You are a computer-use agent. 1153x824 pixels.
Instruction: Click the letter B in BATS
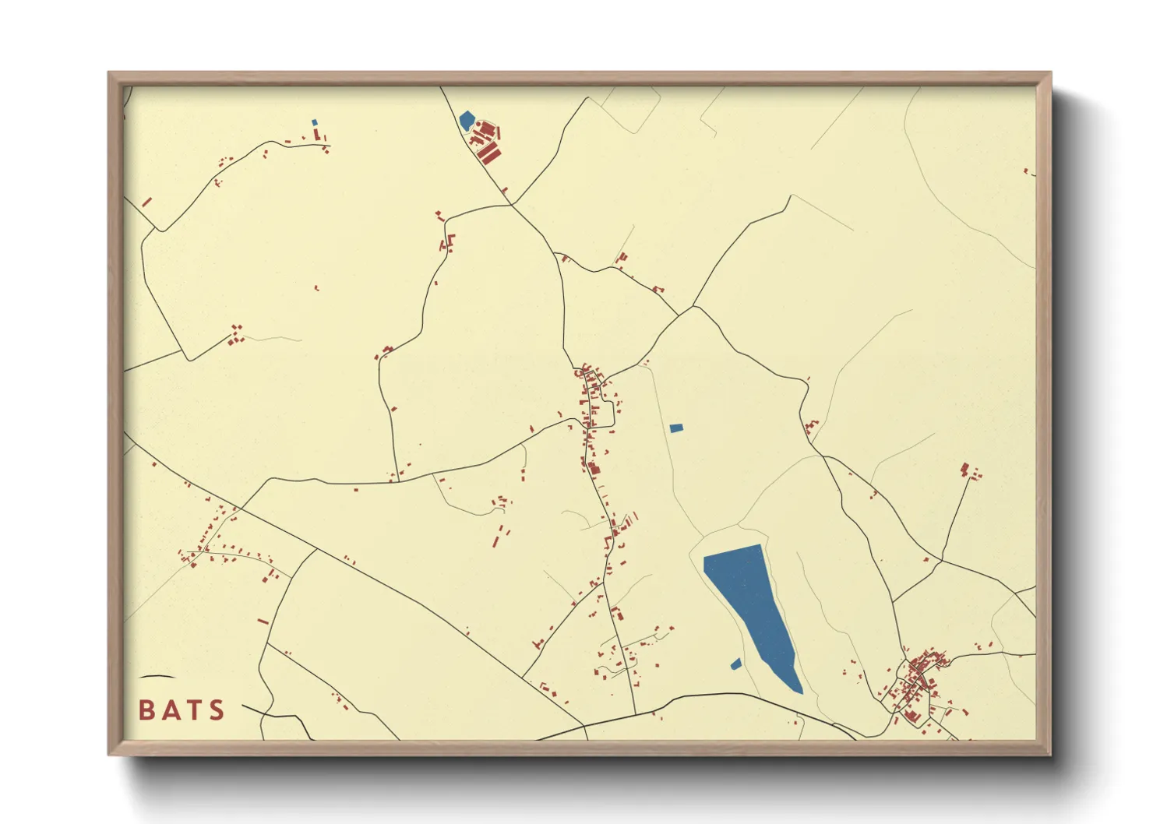coord(146,710)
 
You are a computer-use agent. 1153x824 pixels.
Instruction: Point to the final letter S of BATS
coord(216,710)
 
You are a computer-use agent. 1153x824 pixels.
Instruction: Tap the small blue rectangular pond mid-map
coord(676,428)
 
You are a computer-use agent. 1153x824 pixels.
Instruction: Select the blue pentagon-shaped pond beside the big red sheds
coord(467,120)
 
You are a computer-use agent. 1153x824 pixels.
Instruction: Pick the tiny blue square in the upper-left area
coord(314,122)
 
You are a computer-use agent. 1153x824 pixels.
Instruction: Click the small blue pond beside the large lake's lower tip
coord(736,664)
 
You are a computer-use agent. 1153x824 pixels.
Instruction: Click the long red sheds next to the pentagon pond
coord(488,148)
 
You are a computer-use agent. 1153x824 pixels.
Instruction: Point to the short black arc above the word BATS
coord(157,676)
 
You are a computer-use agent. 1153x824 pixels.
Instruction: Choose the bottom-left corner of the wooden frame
coord(110,753)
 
